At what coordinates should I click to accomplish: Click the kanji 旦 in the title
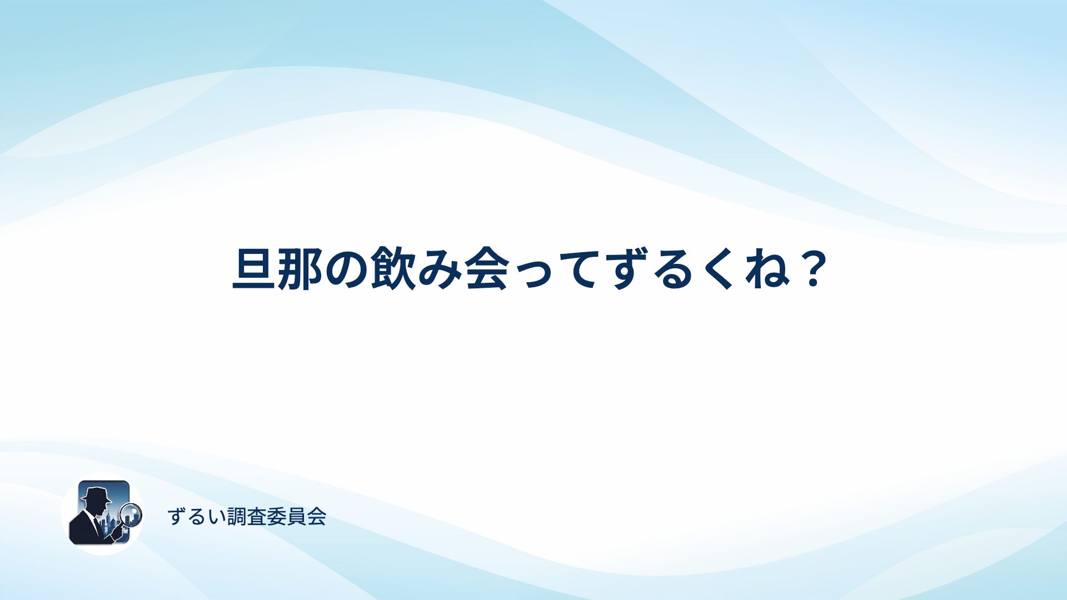tap(254, 269)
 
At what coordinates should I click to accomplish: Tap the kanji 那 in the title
tap(301, 269)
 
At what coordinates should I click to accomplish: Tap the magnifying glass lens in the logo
tap(132, 514)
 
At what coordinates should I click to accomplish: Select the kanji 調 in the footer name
tap(237, 517)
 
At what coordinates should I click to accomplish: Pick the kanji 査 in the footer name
tap(257, 517)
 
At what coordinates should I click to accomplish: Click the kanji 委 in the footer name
tap(277, 517)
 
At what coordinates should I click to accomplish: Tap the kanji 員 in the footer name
tap(297, 517)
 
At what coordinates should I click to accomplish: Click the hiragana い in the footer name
tap(217, 517)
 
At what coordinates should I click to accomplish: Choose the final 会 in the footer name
tap(316, 517)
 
